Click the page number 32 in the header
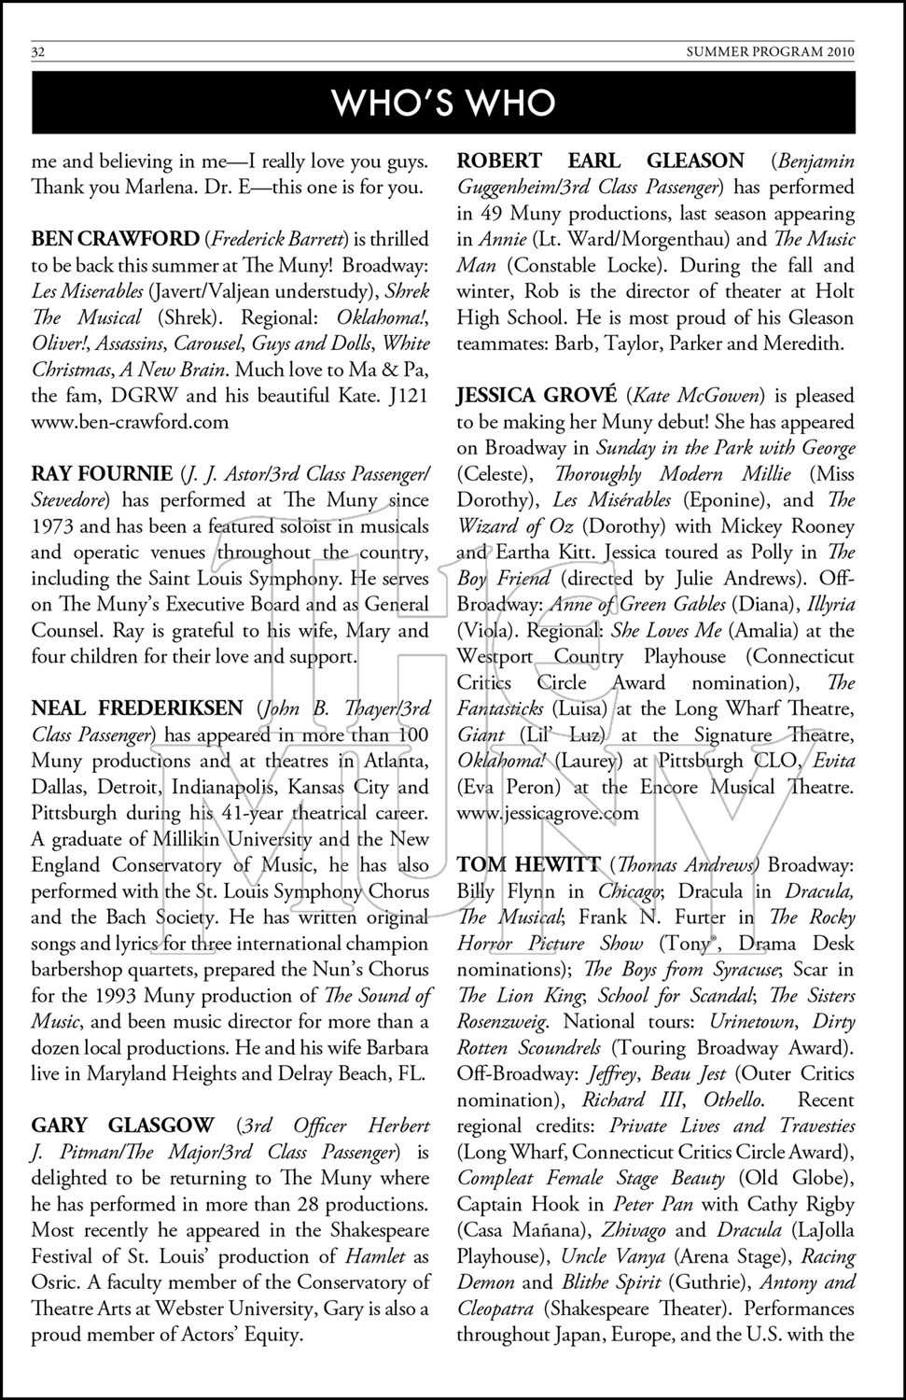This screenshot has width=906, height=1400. coord(38,52)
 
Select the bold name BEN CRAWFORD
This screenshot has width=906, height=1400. coord(116,239)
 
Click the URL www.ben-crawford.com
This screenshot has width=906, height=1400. coord(130,421)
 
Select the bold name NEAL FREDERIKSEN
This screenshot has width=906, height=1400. coord(137,707)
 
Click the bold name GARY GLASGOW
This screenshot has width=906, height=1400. coord(122,1126)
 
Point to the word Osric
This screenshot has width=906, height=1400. coord(58,1282)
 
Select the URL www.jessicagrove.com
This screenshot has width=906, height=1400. coord(549,812)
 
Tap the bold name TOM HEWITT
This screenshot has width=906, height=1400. coord(528,864)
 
